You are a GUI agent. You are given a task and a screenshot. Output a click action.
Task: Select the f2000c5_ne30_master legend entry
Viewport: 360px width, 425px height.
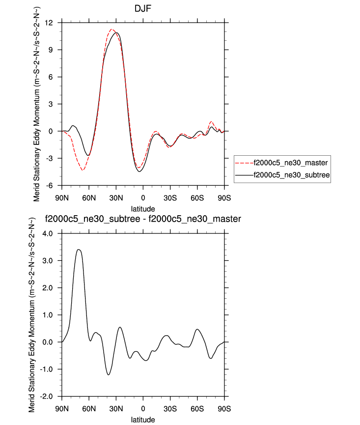[x=289, y=162]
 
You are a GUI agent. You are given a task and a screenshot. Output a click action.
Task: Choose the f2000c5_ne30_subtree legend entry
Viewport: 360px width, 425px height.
[x=290, y=174]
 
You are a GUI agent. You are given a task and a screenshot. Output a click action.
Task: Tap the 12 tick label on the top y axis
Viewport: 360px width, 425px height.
[x=49, y=23]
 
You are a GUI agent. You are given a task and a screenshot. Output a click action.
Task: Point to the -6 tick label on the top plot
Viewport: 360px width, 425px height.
[x=50, y=185]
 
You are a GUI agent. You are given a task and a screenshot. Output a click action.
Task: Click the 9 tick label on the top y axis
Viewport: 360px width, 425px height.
[x=52, y=50]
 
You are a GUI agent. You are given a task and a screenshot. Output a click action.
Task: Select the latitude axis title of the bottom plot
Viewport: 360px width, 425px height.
[x=143, y=420]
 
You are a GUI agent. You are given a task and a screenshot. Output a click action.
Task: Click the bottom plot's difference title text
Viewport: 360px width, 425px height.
[x=142, y=219]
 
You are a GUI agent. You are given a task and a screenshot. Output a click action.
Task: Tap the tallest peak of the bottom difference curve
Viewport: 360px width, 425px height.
[x=79, y=250]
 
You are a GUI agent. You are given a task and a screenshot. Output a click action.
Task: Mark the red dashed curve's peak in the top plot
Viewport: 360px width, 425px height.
[x=111, y=29]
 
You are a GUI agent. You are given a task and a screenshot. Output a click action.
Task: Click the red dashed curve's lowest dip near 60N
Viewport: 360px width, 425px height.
[x=83, y=170]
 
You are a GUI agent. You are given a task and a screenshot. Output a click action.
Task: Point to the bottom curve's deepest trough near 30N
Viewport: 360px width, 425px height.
[x=108, y=375]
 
